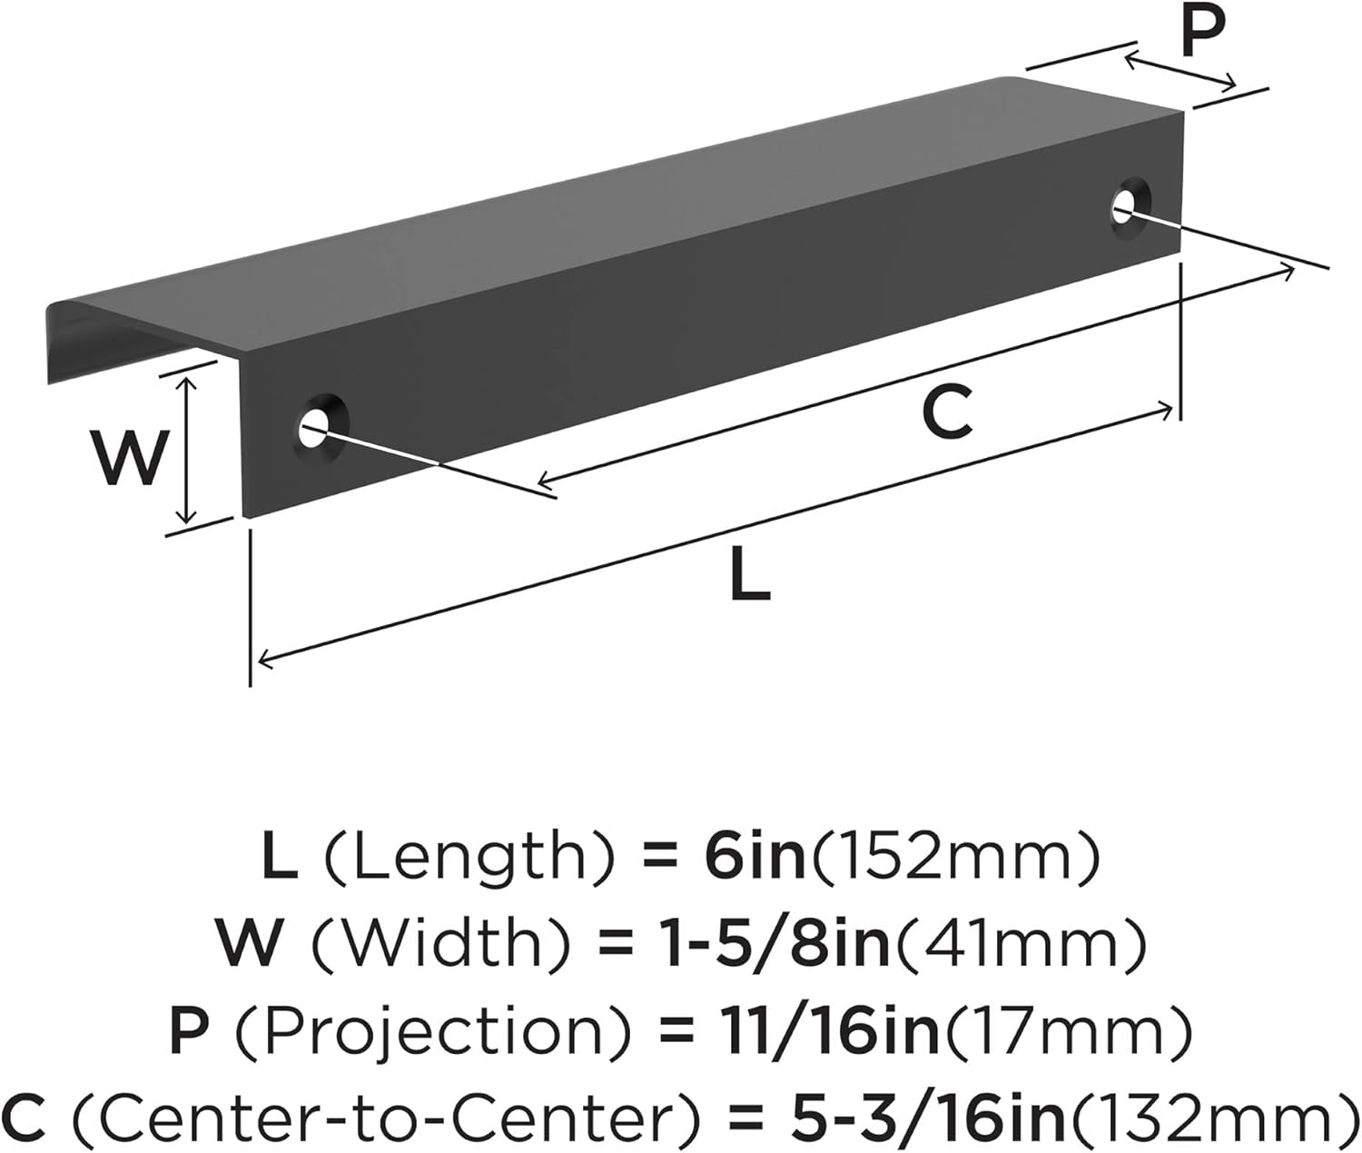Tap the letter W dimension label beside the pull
pos(130,457)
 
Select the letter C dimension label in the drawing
pos(947,412)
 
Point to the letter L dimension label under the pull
pos(749,577)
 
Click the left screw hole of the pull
pos(315,423)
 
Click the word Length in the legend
pos(467,859)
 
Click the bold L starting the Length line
pos(279,859)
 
